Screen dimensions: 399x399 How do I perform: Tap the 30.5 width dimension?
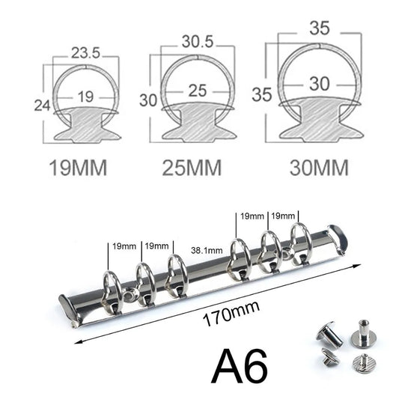click(x=192, y=44)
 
